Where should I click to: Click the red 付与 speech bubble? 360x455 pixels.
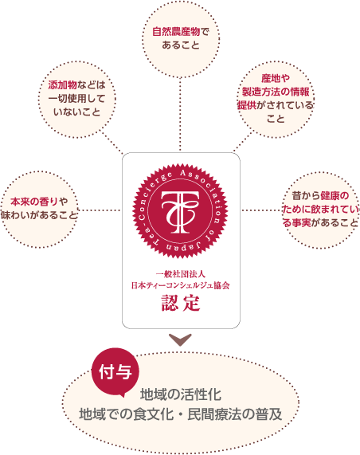point(115,372)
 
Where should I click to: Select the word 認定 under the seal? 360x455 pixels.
point(181,303)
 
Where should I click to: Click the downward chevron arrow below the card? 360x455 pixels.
point(180,339)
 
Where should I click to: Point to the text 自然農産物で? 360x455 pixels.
point(181,32)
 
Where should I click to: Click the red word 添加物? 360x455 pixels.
point(63,85)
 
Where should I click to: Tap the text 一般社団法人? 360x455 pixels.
point(181,274)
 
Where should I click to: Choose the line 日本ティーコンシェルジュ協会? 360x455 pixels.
point(181,285)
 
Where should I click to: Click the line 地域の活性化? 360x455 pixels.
point(181,394)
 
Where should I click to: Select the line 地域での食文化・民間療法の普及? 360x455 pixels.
point(181,414)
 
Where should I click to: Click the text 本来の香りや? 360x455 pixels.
point(39,202)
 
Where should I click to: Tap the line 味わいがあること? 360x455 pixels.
point(39,215)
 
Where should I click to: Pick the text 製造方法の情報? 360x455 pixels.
point(276,92)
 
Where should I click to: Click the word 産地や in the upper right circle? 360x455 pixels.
point(276,78)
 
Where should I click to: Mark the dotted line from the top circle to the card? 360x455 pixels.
point(180,115)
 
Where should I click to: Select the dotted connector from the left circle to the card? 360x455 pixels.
point(100,210)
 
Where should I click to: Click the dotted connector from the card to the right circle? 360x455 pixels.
point(262,210)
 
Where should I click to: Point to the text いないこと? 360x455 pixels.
point(77,112)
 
